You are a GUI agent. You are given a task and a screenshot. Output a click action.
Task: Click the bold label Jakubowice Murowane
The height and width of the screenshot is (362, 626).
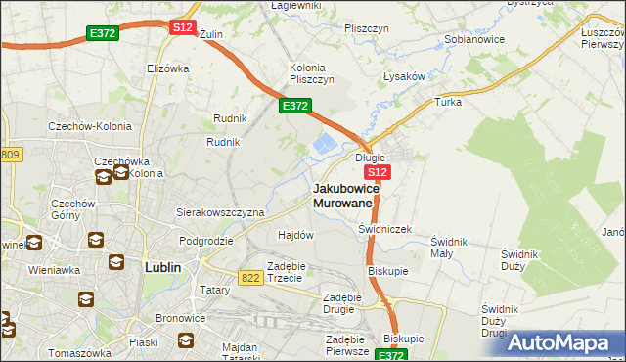(343, 195)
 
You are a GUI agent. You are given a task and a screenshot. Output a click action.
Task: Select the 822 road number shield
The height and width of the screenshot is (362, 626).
(249, 279)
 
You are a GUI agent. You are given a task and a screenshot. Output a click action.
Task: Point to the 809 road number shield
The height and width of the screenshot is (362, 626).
(10, 155)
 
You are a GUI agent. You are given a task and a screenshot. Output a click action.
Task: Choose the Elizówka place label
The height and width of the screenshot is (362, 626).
(166, 68)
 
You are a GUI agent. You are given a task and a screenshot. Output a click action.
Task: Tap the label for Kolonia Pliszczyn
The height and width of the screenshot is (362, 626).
(312, 73)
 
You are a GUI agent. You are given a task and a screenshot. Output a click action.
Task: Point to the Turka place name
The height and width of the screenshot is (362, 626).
(448, 102)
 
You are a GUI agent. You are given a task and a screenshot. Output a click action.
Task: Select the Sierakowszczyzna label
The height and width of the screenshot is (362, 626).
(220, 211)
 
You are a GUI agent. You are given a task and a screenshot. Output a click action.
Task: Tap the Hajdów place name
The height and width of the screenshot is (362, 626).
(295, 235)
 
